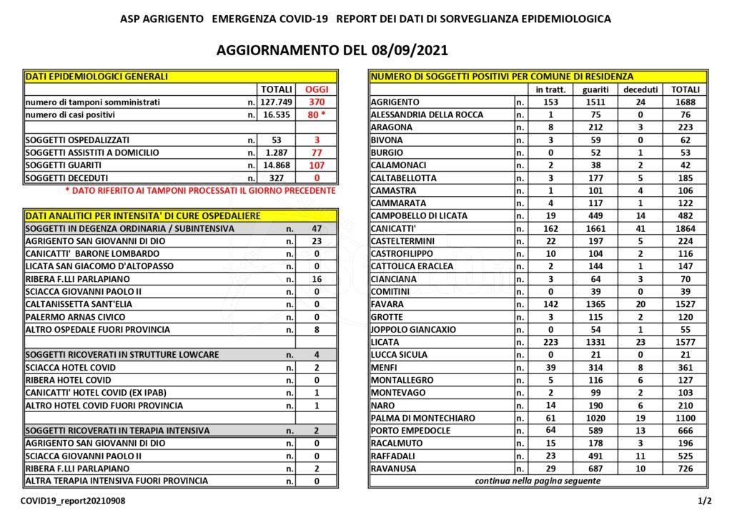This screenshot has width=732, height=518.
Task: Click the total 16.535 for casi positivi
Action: [276, 114]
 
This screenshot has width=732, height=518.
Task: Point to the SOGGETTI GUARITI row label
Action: [67, 165]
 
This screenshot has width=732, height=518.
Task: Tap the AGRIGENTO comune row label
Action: [395, 102]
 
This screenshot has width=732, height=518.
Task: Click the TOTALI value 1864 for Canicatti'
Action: [684, 228]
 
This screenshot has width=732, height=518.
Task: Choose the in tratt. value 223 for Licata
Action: [550, 342]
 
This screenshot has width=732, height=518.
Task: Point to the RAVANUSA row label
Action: [394, 468]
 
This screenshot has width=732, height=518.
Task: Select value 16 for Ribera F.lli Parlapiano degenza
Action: [316, 279]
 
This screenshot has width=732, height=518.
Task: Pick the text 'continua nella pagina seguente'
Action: [538, 481]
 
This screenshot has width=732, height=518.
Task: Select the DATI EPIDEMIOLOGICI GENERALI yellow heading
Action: [97, 77]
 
